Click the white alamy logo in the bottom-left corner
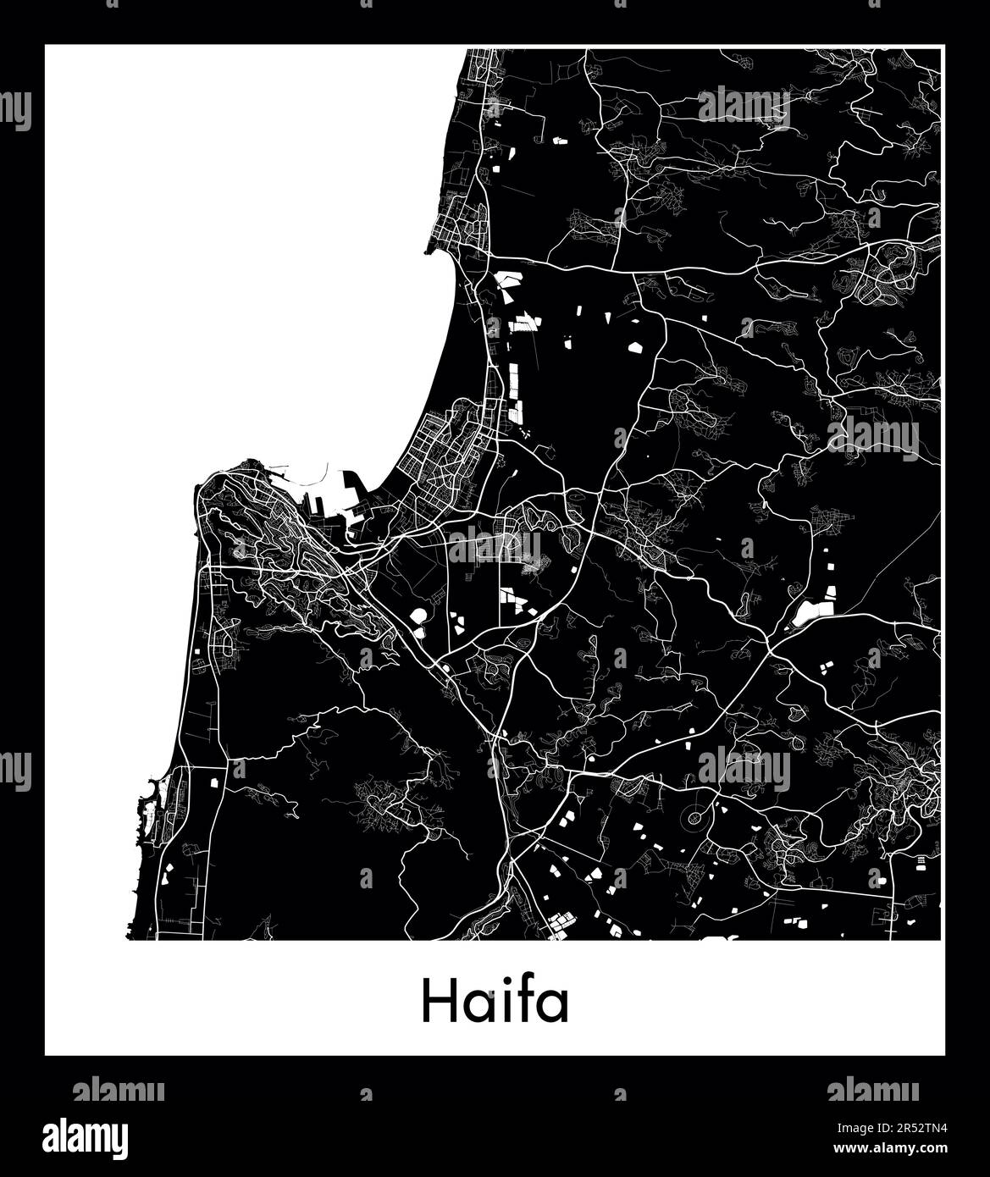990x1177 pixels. tap(86, 1136)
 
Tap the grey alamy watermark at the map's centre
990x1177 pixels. tap(494, 546)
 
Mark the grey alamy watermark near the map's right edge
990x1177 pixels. tap(872, 439)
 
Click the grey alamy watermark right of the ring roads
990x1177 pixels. tap(744, 770)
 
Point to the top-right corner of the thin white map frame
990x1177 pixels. tap(942, 48)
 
